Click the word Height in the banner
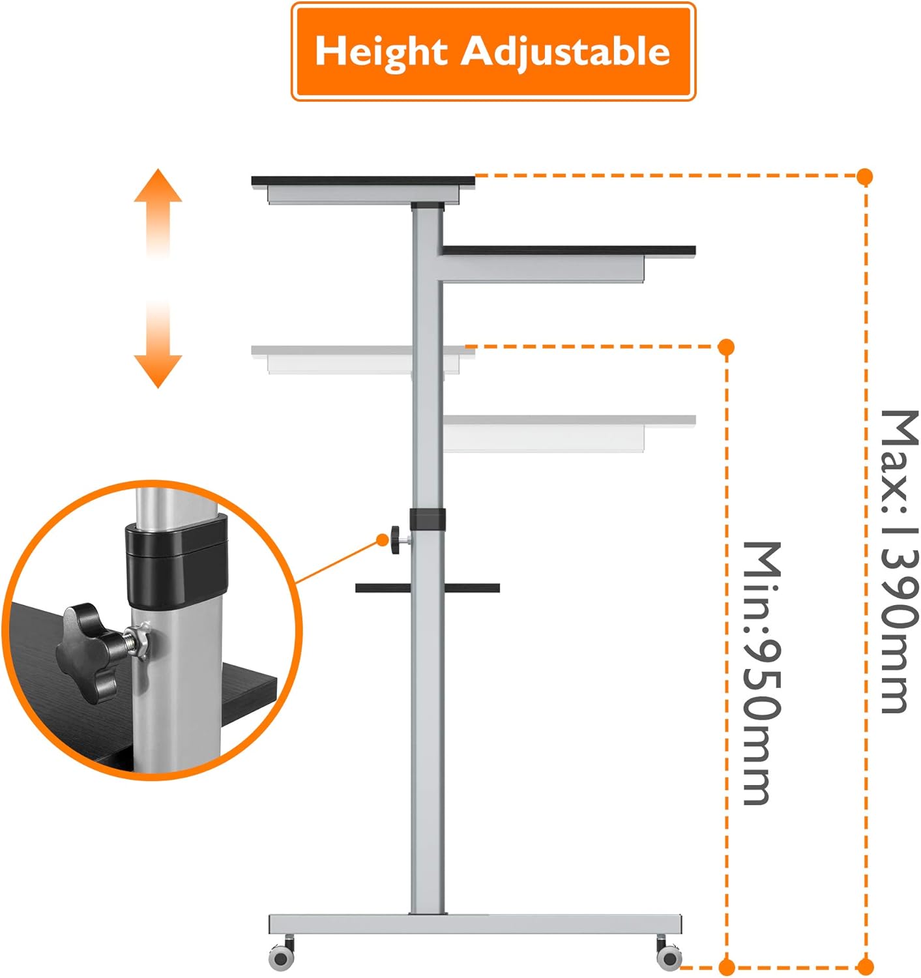(381, 52)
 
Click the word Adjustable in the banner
(565, 52)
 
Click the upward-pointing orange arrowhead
(158, 186)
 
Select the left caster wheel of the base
(282, 956)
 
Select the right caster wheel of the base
(669, 956)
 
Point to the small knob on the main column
(396, 541)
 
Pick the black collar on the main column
(428, 520)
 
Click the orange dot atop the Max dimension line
(865, 176)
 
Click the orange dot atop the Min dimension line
(727, 347)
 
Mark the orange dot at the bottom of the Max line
(865, 967)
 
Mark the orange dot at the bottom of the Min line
(727, 967)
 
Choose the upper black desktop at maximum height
(363, 181)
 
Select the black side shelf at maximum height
(568, 250)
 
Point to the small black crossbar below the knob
(428, 588)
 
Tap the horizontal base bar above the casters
(476, 924)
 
